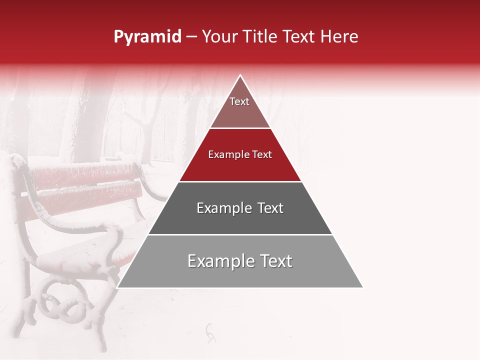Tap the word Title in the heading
coord(260,37)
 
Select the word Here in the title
coord(339,37)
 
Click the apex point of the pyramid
coord(240,75)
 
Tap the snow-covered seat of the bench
coord(80,255)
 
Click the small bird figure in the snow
coord(211,332)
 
